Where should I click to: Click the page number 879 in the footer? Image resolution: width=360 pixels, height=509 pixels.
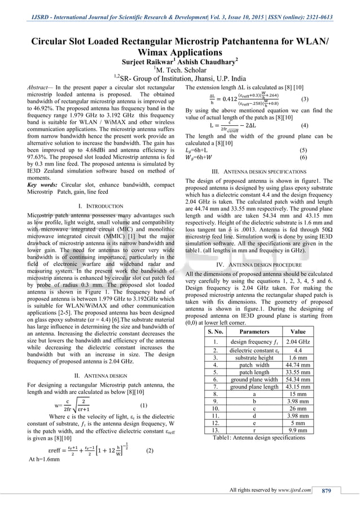(x=326, y=490)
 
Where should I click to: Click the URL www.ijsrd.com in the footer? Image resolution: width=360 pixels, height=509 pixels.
(x=293, y=490)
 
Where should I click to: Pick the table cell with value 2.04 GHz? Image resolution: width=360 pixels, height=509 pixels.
(x=297, y=341)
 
